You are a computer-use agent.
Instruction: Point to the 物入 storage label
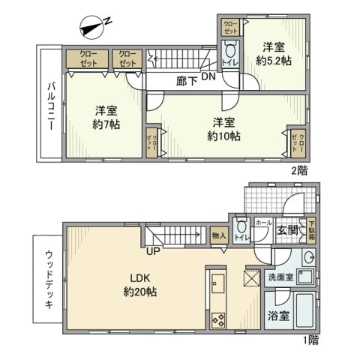(219, 236)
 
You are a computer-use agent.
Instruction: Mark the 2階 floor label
(298, 169)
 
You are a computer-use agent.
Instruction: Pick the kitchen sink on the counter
(218, 284)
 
